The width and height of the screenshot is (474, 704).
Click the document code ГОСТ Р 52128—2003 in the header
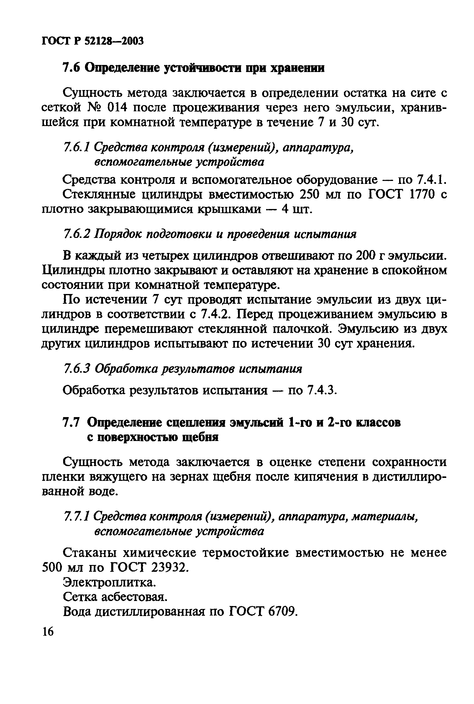coord(92,40)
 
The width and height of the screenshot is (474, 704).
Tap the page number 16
coord(48,632)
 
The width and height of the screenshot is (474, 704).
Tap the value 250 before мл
coord(309,195)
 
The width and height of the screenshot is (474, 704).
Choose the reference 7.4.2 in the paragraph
coord(215,314)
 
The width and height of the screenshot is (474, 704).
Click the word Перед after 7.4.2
coord(255,314)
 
